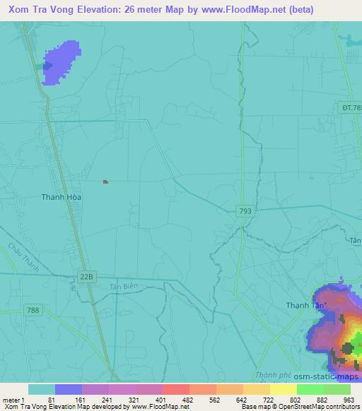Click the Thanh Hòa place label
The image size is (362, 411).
tap(62, 197)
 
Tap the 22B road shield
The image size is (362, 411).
tap(86, 278)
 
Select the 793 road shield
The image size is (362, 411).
tap(245, 210)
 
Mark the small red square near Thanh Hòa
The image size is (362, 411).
tap(105, 181)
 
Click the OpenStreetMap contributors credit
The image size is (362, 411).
tap(317, 407)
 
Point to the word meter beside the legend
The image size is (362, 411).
tap(12, 399)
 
